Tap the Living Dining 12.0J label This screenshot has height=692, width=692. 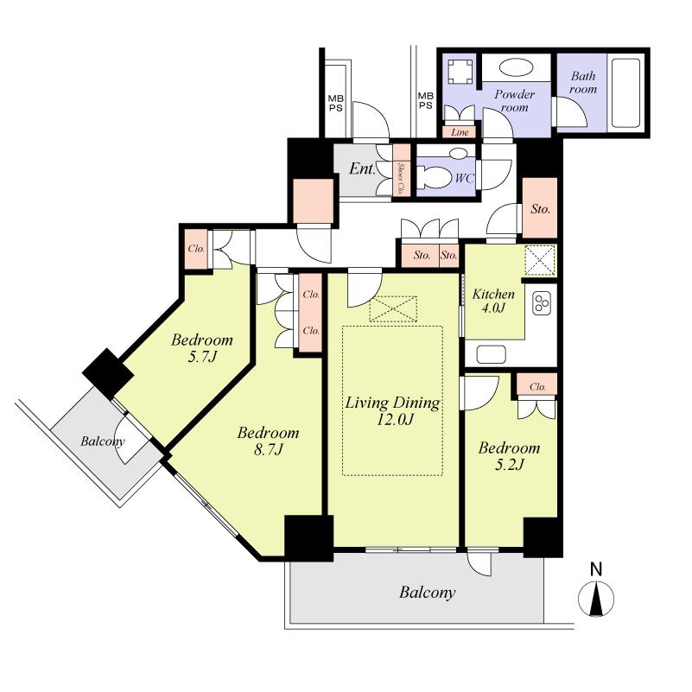[x=392, y=411]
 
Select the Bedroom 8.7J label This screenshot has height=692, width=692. [x=269, y=441]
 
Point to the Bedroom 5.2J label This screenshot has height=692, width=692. [x=510, y=455]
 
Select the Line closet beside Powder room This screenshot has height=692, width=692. [x=460, y=132]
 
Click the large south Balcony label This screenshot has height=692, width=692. [x=427, y=593]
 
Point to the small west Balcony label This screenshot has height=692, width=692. [x=103, y=441]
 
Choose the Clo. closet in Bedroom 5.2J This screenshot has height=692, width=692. [x=536, y=385]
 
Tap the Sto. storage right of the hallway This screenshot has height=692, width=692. [x=541, y=208]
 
